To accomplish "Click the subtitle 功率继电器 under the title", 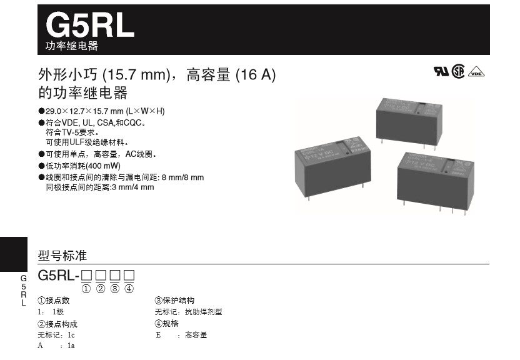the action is [x=72, y=47].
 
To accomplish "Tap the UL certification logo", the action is [x=441, y=70].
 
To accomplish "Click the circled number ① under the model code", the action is [x=86, y=288].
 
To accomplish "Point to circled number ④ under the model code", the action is [x=129, y=288].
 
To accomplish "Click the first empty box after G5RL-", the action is [x=86, y=275].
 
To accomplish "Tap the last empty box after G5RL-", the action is [x=129, y=275].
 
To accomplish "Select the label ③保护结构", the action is [x=174, y=301].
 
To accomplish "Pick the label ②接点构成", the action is [x=57, y=324].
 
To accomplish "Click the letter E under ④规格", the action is [x=158, y=335].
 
